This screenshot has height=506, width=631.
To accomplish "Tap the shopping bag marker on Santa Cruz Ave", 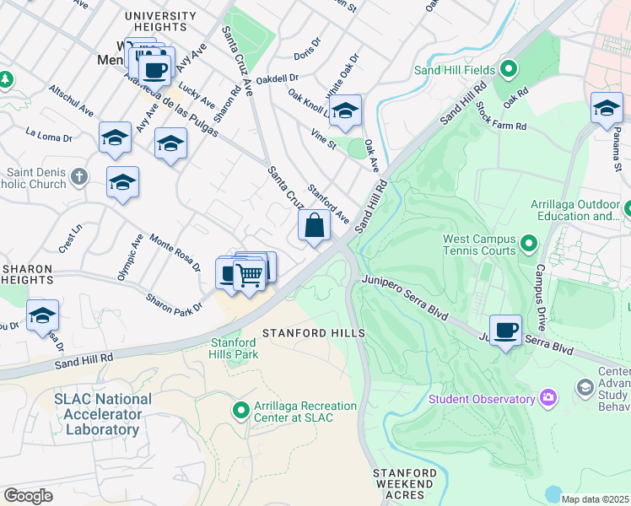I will tap(314, 227).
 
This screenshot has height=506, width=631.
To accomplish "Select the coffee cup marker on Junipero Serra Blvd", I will tap(506, 331).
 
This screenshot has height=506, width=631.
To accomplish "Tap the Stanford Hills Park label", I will tap(234, 348).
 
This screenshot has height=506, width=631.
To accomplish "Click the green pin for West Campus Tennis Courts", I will tap(529, 245).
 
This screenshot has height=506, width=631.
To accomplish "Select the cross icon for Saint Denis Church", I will tap(79, 177).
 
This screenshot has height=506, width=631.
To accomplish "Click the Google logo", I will tap(28, 496).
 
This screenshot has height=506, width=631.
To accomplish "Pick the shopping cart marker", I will tap(248, 275).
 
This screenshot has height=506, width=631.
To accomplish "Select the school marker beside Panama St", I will tap(606, 108).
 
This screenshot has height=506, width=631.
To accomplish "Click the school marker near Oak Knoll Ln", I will tap(345, 110).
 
